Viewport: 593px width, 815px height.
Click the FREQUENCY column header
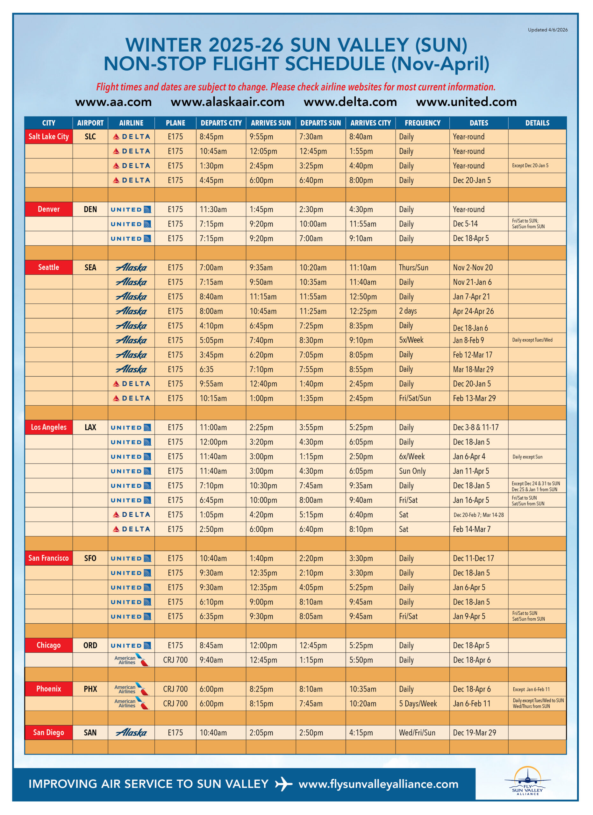coord(422,123)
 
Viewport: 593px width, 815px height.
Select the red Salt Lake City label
coord(48,137)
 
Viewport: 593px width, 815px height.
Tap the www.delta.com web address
coord(350,102)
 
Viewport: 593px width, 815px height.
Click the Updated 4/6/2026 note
coord(547,30)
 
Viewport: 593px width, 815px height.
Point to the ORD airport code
coord(90,645)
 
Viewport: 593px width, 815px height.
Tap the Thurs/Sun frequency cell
coord(413,268)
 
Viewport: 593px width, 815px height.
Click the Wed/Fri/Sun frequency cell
coord(417,733)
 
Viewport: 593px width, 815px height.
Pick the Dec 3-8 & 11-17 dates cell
coord(475,428)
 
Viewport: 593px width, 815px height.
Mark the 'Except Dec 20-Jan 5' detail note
coord(530,166)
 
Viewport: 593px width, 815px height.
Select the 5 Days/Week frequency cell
coord(418,704)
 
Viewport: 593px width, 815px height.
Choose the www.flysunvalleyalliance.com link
coord(378,784)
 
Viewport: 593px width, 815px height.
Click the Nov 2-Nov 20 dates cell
coord(473,268)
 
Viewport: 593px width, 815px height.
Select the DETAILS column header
coord(537,123)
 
